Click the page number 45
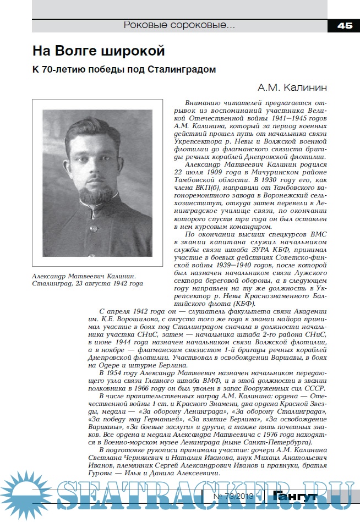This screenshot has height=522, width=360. (x=345, y=25)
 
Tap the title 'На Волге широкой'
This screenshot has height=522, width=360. (x=99, y=51)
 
